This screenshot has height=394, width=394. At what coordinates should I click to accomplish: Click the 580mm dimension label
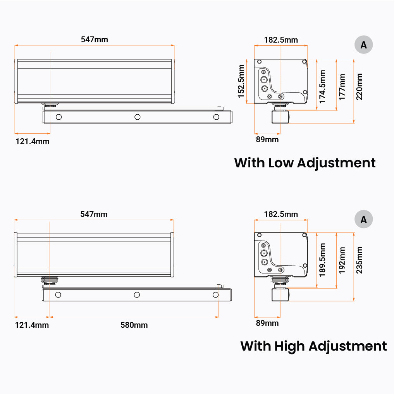[x=134, y=325]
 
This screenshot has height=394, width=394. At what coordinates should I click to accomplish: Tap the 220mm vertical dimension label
[x=359, y=87]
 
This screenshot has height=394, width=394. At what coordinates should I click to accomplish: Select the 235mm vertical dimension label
[x=359, y=260]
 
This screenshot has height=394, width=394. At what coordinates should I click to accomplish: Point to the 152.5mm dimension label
[x=241, y=81]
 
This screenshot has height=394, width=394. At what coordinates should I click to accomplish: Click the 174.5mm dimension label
[x=322, y=87]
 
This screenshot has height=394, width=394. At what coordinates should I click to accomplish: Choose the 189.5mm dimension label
[x=322, y=260]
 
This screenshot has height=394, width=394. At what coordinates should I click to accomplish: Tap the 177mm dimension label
[x=342, y=87]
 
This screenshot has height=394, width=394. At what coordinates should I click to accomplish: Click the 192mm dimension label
[x=342, y=260]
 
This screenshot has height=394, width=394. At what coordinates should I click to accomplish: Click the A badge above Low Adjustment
[x=364, y=45]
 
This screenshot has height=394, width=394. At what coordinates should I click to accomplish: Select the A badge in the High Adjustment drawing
[x=364, y=219]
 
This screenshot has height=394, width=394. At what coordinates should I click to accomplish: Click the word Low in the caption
[x=281, y=163]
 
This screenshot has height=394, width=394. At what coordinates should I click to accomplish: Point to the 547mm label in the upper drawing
[x=95, y=40]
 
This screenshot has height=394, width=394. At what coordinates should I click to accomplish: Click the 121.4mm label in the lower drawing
[x=32, y=325]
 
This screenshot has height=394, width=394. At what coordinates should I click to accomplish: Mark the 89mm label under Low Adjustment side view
[x=267, y=139]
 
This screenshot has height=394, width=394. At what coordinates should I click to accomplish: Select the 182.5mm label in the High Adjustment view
[x=281, y=214]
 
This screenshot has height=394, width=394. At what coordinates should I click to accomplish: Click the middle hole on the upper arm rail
[x=138, y=117]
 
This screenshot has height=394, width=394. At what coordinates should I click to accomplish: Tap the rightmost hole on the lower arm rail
[x=215, y=295]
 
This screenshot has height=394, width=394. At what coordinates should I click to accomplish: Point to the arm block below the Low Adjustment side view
[x=280, y=117]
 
